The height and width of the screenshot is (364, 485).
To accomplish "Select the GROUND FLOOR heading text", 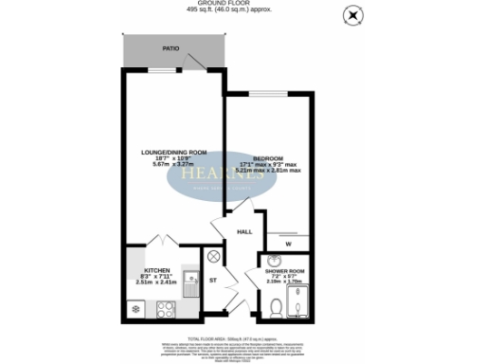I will [242, 4].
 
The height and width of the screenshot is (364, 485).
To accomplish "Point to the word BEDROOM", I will [267, 157].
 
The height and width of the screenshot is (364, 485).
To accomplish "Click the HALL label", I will [243, 231].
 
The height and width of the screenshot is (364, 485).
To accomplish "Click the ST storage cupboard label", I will [214, 281].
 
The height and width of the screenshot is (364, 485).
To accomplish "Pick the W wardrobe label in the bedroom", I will [286, 243].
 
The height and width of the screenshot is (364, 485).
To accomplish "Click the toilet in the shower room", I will [274, 304].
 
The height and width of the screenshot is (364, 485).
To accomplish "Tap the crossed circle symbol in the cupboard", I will [213, 255].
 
